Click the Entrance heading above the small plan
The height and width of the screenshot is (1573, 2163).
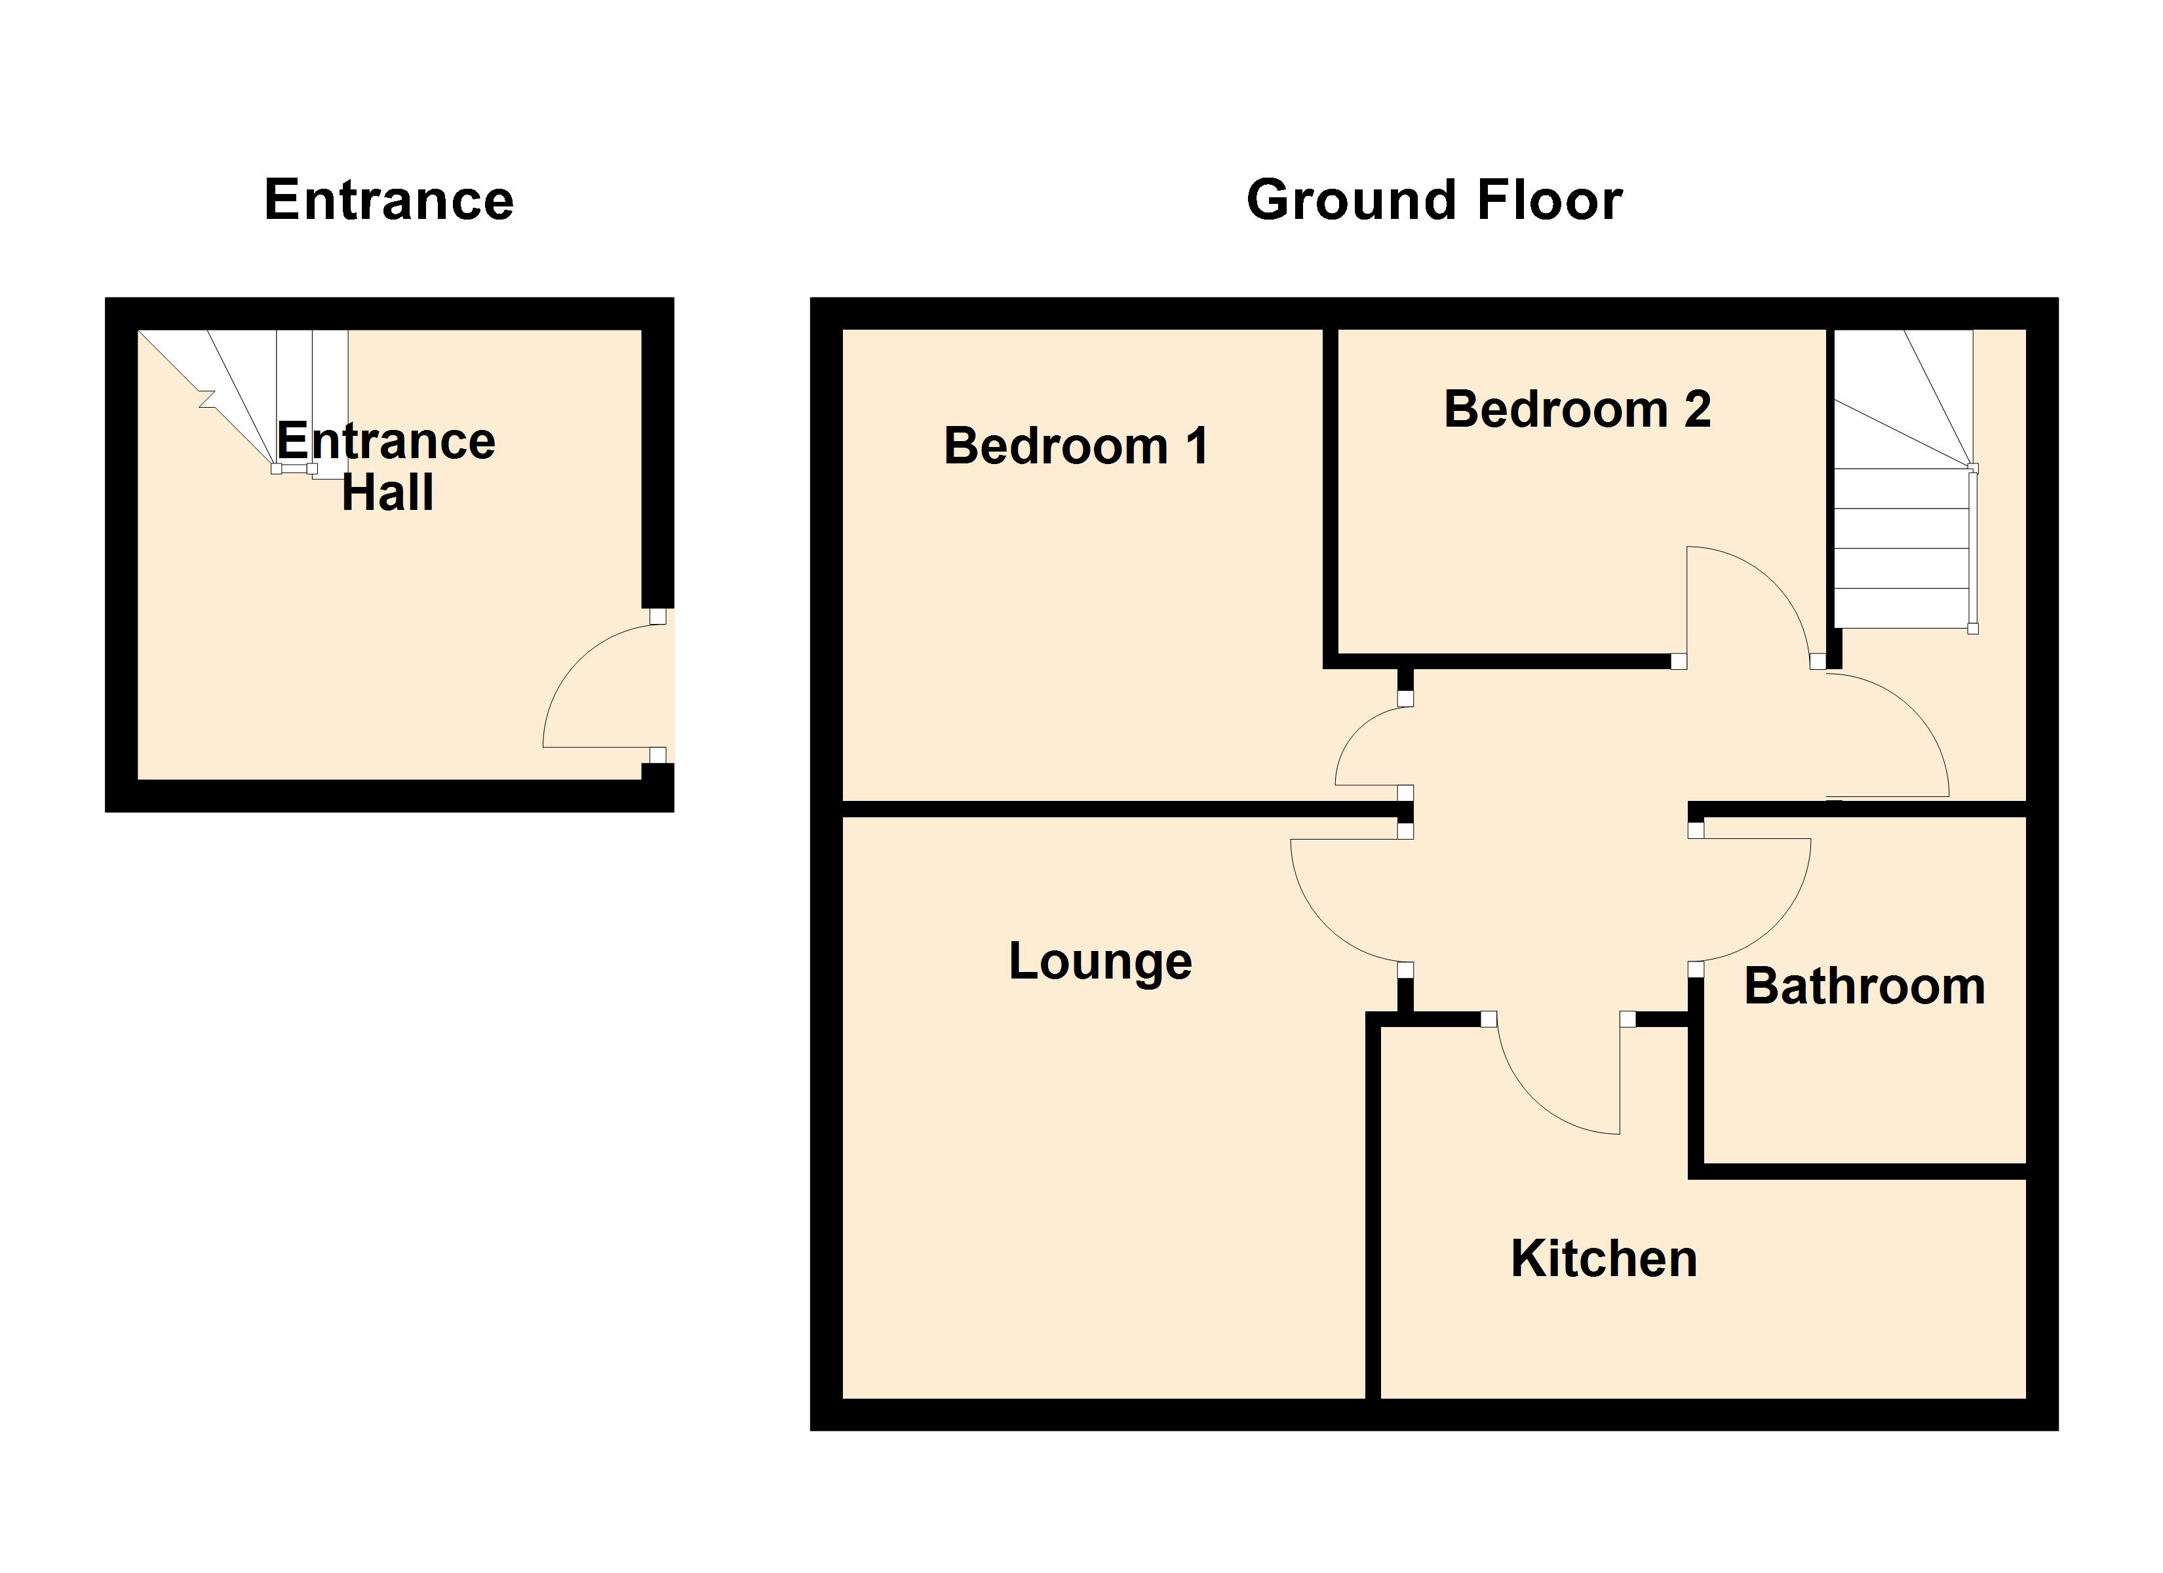point(389,201)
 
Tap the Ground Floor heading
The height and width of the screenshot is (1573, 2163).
point(1433,201)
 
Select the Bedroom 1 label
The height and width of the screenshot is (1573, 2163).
point(1076,446)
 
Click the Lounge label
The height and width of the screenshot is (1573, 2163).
point(1100,961)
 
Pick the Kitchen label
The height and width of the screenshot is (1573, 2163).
point(1603,1259)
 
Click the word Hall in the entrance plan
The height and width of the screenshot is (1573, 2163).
point(387,493)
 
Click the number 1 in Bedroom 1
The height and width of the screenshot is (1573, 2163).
point(1197,446)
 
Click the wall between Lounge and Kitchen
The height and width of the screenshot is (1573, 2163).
point(1373,1211)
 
